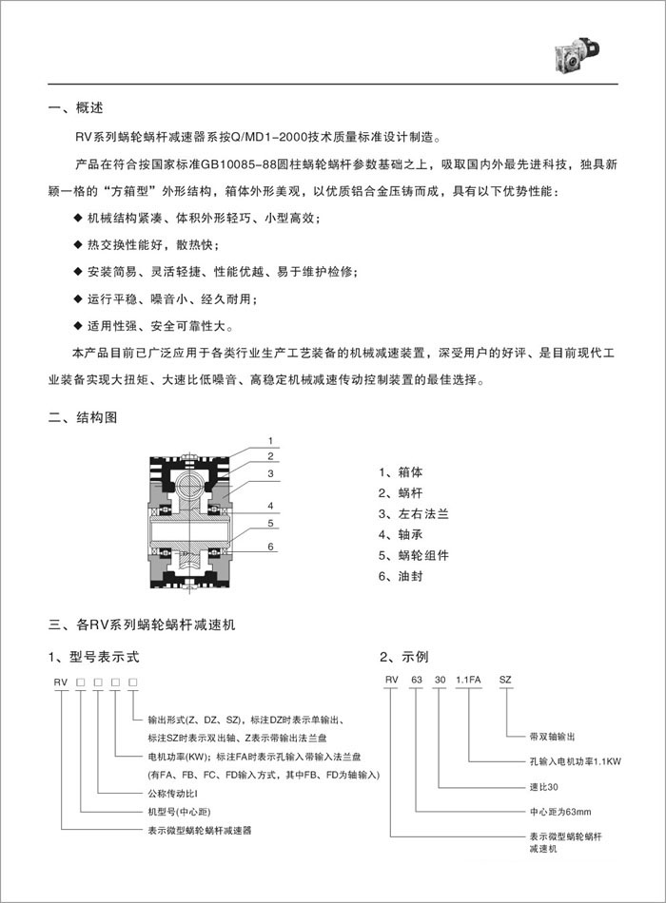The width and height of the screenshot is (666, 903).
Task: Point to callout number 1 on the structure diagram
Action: pyautogui.click(x=271, y=441)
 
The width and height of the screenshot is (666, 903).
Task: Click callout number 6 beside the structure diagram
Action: pyautogui.click(x=271, y=547)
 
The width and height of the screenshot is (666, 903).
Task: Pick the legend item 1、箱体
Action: pyautogui.click(x=402, y=471)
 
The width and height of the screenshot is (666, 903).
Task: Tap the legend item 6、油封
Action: pyautogui.click(x=402, y=576)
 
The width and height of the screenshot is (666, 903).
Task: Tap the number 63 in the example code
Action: pyautogui.click(x=415, y=681)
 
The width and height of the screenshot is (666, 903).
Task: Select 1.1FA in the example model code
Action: pyautogui.click(x=470, y=681)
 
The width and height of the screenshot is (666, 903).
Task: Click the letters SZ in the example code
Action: pyautogui.click(x=505, y=681)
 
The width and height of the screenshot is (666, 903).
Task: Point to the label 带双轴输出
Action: pyautogui.click(x=553, y=737)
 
